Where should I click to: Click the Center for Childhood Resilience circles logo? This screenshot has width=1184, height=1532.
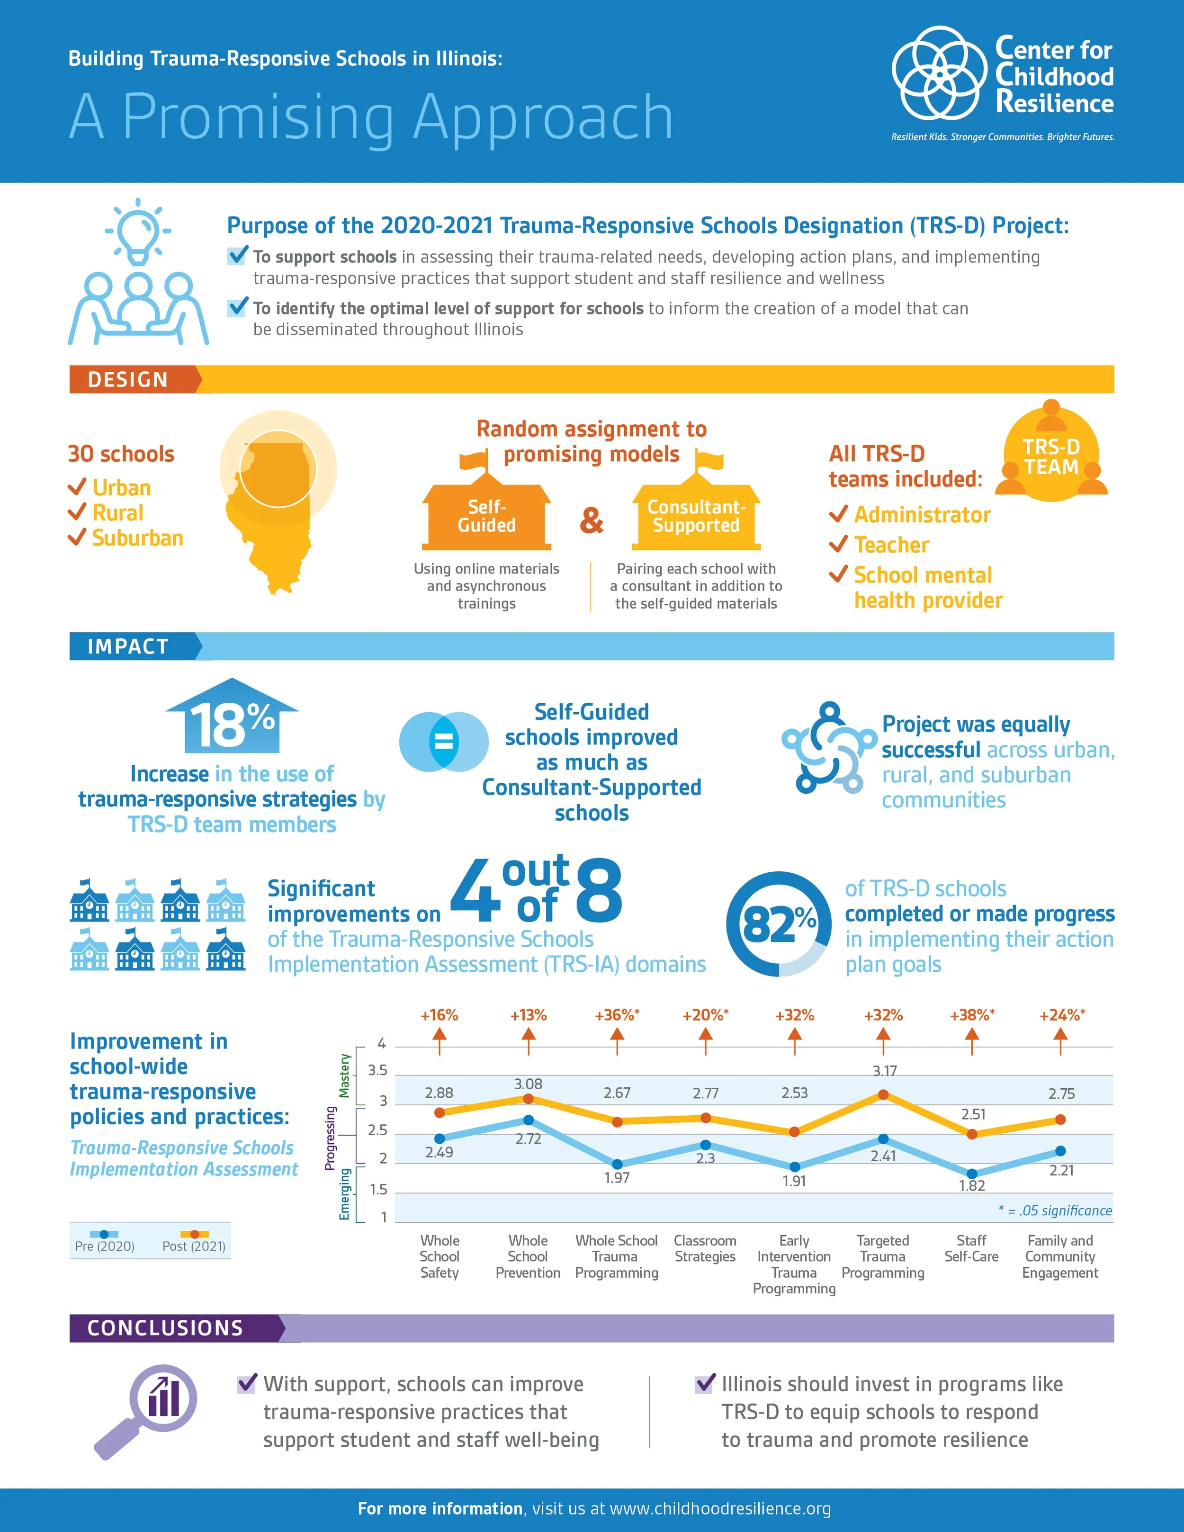[x=939, y=73]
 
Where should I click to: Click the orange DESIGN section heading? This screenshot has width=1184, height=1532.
[x=128, y=379]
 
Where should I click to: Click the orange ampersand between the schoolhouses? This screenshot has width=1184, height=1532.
[x=592, y=520]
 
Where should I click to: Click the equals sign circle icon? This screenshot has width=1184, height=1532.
[x=443, y=742]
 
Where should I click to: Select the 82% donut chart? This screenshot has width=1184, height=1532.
[x=779, y=924]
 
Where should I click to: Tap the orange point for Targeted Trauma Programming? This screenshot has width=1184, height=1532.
[x=883, y=1095]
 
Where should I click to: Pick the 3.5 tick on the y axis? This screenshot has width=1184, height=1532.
[x=377, y=1070]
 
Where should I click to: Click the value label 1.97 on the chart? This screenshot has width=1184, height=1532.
[x=617, y=1178]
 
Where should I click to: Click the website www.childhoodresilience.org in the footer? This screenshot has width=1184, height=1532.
[x=720, y=1509]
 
